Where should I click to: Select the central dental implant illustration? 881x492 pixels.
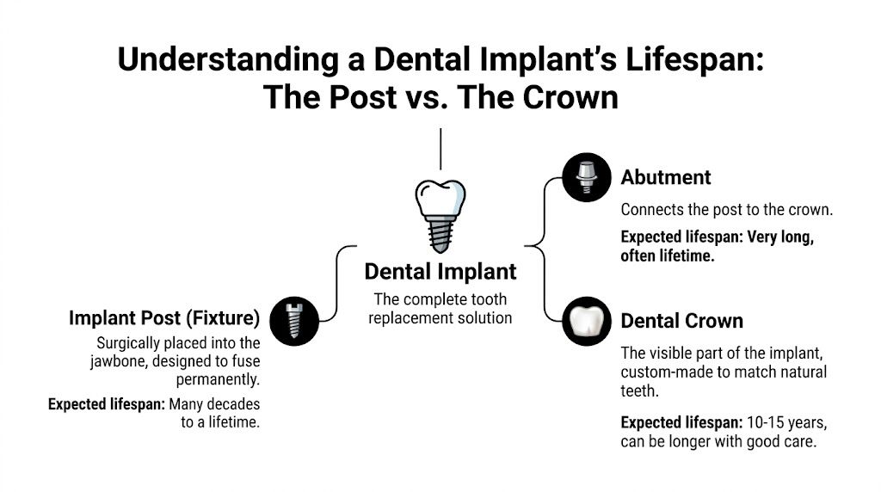coord(440,215)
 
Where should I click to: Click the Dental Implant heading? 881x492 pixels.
coord(440,272)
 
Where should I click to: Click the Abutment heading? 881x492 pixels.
coord(665,178)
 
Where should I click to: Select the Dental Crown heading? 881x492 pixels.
coord(681,322)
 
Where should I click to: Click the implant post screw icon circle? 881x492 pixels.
coord(293,319)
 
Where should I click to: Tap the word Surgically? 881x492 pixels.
coord(132,342)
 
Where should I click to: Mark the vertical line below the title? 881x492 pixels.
coord(440,148)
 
